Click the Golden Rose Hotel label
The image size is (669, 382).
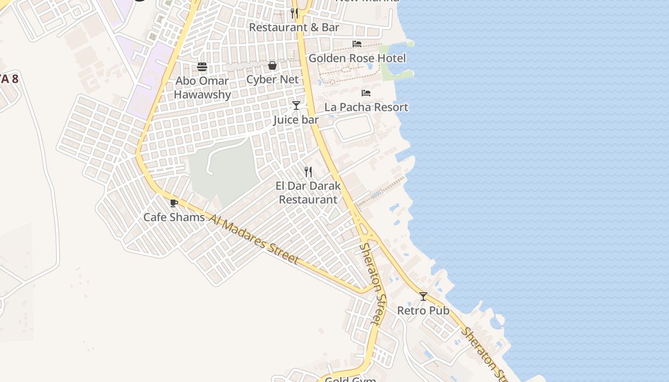(357, 58)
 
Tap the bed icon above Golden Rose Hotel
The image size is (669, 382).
(357, 44)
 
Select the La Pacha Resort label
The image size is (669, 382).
(367, 107)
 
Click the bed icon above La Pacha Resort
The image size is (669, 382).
(366, 93)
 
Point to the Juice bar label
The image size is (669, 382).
(296, 119)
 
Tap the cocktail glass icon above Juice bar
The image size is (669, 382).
(296, 105)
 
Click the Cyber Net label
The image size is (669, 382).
(272, 79)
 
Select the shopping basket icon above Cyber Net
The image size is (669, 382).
(272, 65)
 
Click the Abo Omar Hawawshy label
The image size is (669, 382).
(202, 87)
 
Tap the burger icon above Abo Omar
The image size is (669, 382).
(202, 66)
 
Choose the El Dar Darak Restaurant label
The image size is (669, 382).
(308, 192)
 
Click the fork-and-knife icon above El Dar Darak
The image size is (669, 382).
(308, 171)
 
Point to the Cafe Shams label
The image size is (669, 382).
(174, 217)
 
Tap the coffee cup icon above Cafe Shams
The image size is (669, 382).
(174, 203)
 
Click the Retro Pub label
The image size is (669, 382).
(423, 310)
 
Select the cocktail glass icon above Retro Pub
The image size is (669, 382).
(423, 297)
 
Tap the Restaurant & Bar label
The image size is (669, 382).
(294, 27)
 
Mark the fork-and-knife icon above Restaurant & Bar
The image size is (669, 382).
(294, 13)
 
